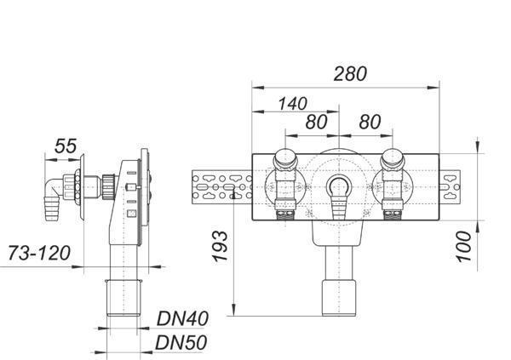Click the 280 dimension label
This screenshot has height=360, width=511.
pos(350,74)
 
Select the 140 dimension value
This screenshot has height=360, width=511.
pos(292,104)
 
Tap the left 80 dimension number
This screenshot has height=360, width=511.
pos(316,122)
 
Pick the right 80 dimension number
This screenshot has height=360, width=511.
pos(370,122)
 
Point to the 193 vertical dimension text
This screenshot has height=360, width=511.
pos(221,246)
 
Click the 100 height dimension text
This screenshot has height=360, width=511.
pos(464,246)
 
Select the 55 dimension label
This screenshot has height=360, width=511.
pos(66,146)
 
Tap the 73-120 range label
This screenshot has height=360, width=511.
pos(39,253)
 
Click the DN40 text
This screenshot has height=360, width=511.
pos(182,318)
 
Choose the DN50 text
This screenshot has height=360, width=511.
pos(181,343)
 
